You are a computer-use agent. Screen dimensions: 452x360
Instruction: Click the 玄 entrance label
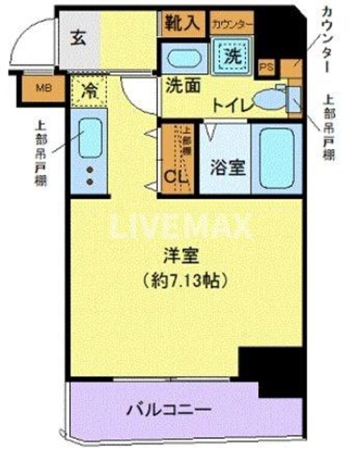click(x=79, y=37)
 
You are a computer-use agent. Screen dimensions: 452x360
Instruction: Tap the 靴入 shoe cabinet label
click(x=182, y=24)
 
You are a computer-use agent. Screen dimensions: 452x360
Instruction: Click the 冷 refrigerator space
click(x=89, y=92)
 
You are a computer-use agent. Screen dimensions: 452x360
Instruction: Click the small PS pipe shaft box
click(x=266, y=67)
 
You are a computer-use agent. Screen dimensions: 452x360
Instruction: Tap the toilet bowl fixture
click(x=268, y=99)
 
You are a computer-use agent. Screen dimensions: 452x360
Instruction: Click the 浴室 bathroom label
click(x=229, y=167)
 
